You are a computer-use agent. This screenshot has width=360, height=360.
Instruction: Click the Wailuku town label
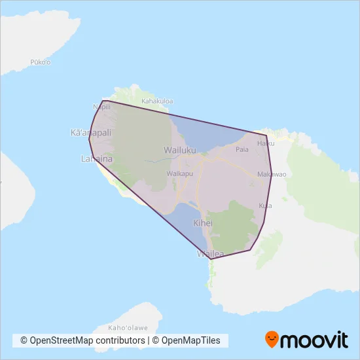pos(180,150)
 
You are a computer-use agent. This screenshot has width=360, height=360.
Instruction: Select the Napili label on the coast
pos(101,107)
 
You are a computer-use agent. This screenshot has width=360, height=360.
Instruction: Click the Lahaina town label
pos(96,158)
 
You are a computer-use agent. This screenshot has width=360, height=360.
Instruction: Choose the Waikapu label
pos(179,173)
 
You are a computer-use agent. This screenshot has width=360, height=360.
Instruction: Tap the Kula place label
pos(265,206)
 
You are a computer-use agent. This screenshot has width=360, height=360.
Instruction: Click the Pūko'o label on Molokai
pos(41,62)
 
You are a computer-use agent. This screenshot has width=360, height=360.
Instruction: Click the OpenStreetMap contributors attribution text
pos(82,341)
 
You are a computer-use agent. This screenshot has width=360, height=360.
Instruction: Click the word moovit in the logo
pos(314,340)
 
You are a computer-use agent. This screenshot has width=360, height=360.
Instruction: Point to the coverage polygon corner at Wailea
pos(210,259)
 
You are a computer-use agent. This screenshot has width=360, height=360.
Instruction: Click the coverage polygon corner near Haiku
pos(266,135)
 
